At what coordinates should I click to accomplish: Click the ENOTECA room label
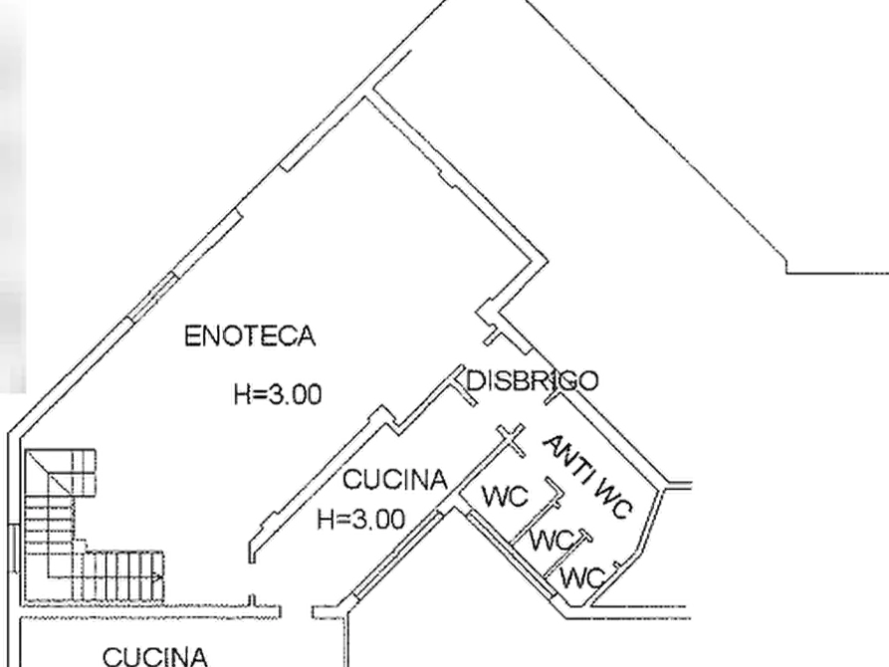pos(250,335)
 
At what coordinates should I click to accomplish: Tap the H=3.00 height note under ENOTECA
pos(278,394)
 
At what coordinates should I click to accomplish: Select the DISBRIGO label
pos(532,380)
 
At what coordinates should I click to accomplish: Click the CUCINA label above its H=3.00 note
pos(395,480)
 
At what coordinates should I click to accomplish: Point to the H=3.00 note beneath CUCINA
pos(361,519)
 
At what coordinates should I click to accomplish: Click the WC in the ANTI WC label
pos(612,500)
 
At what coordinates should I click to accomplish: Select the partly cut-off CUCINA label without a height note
pos(154,657)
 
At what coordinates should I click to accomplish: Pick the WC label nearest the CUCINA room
pos(505,497)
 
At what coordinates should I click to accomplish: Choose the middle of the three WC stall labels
pos(553,540)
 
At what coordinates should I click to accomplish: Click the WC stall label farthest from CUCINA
pos(582,577)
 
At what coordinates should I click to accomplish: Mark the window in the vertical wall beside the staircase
pos(14,548)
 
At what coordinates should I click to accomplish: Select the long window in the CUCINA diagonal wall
pos(398,555)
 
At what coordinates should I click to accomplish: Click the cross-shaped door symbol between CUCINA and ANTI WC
pos(511,438)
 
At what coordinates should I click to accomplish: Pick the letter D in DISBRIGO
pos(475,380)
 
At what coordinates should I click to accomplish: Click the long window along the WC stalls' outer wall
pos(511,555)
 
